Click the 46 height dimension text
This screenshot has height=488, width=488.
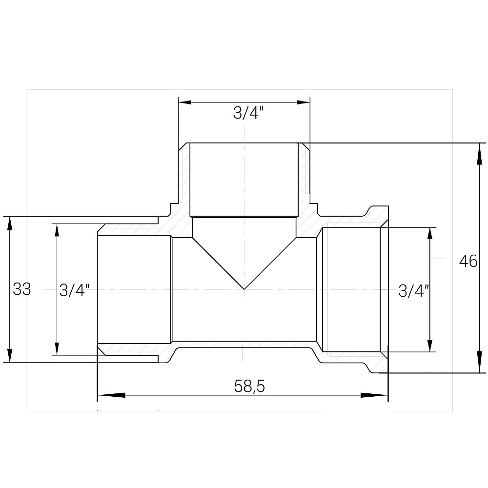click(468, 262)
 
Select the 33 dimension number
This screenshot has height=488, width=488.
click(22, 289)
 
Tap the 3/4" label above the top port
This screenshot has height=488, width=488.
click(248, 114)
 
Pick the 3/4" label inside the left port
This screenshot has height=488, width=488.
click(75, 290)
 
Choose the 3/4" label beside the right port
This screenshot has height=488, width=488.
click(414, 291)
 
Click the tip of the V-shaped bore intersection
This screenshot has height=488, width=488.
click(244, 288)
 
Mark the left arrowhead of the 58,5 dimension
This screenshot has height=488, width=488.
click(105, 395)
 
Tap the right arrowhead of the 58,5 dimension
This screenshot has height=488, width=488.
click(380, 395)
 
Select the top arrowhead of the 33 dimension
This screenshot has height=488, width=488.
click(10, 222)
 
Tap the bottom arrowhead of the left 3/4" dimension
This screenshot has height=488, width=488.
click(57, 348)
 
